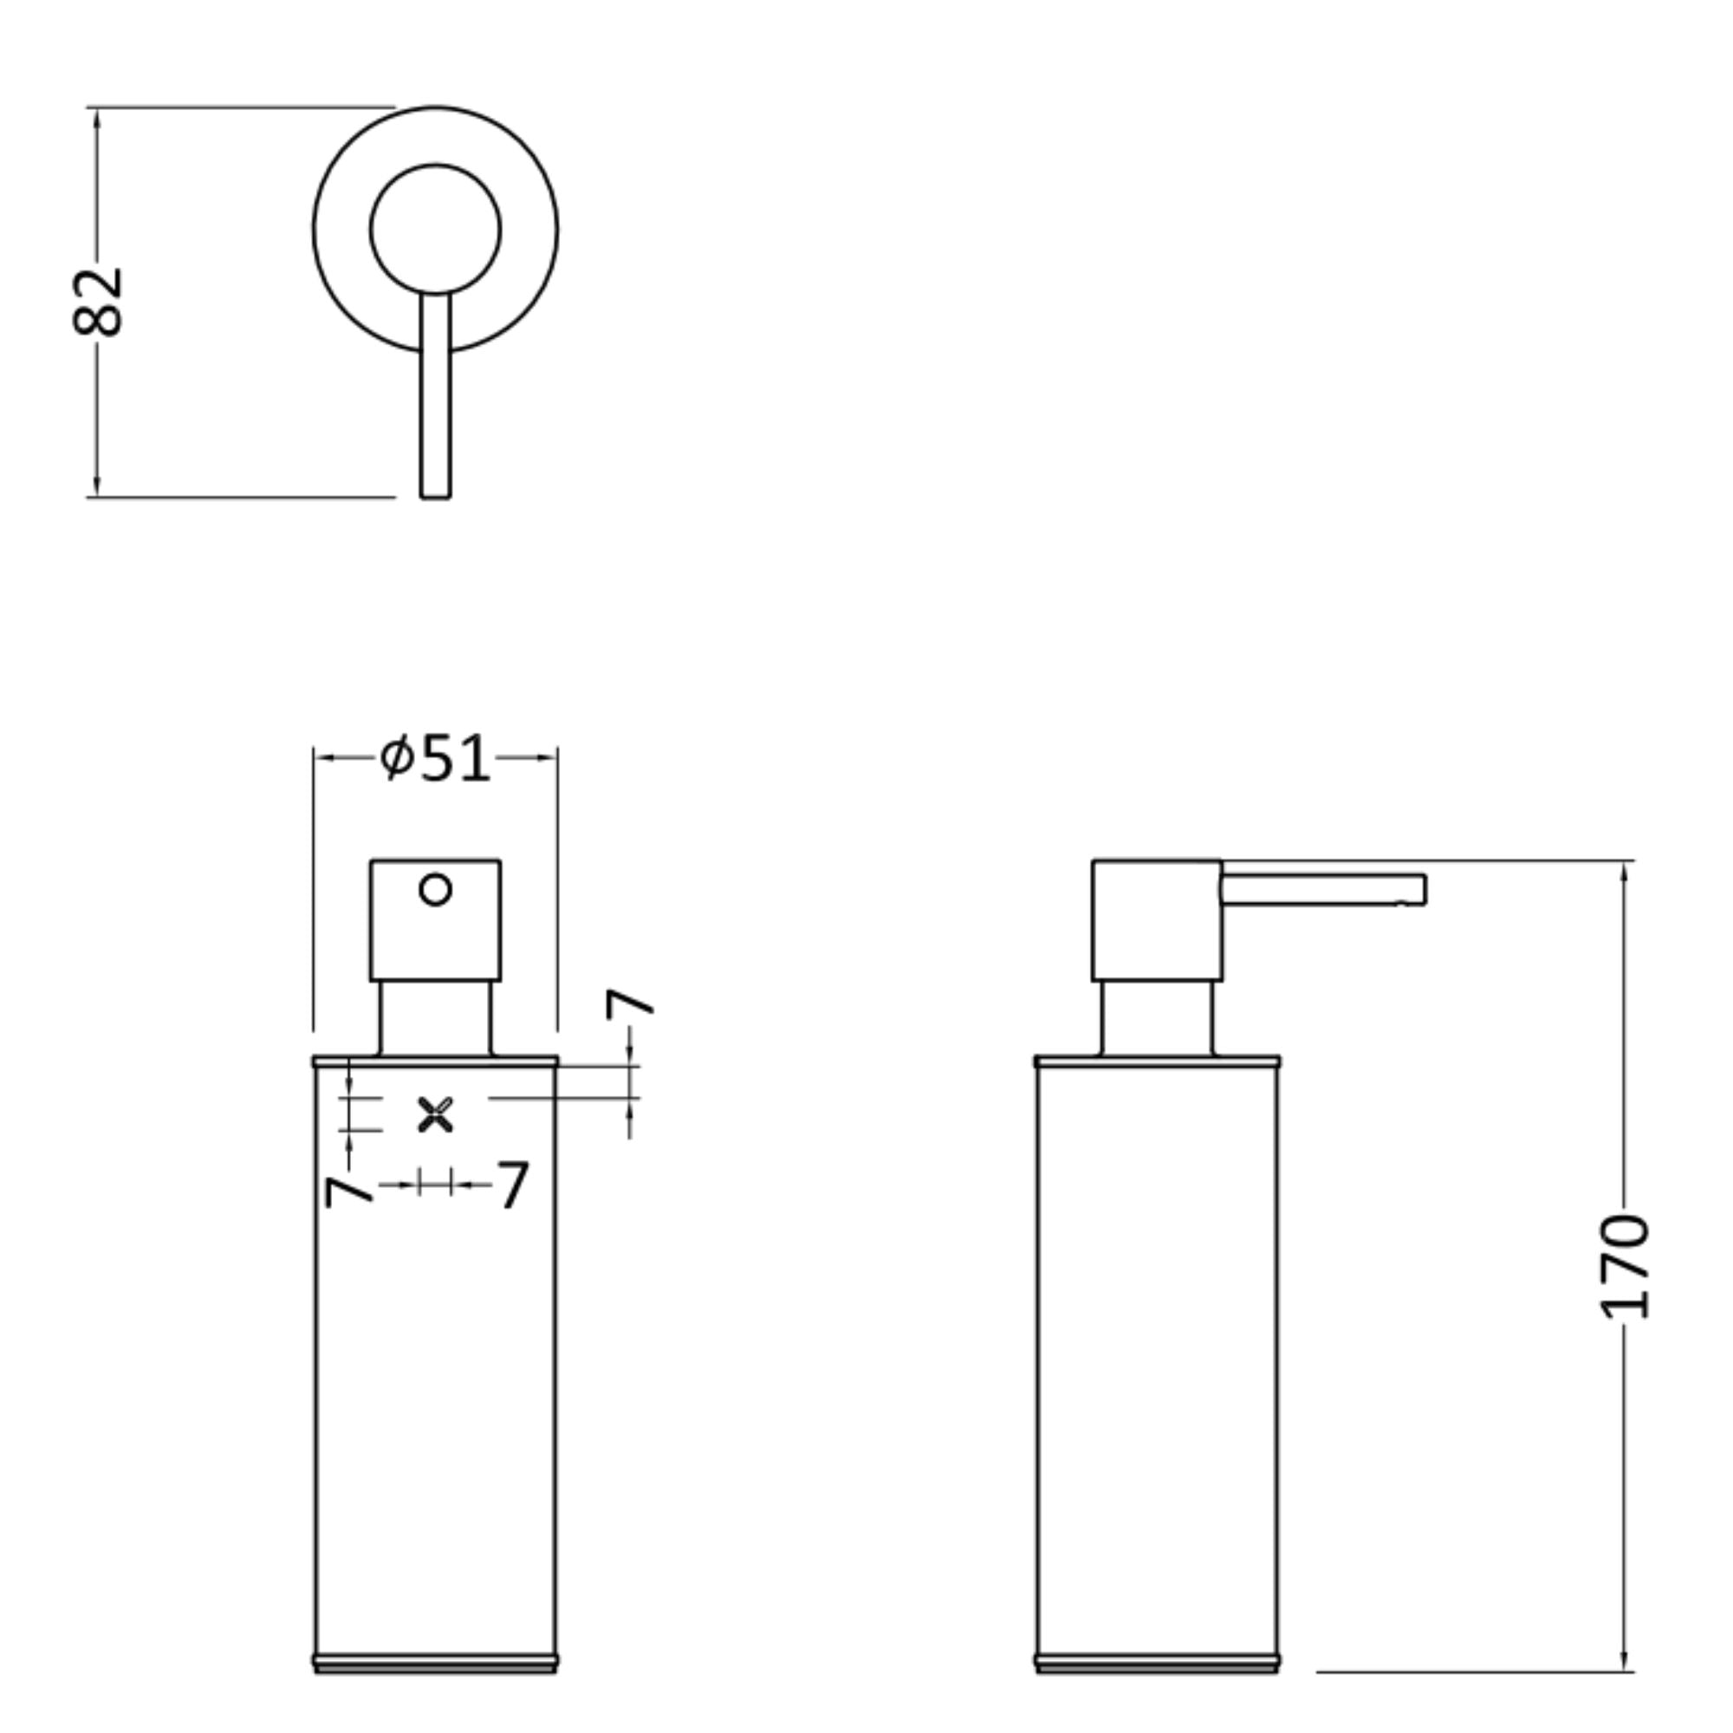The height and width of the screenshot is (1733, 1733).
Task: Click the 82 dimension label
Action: point(97,302)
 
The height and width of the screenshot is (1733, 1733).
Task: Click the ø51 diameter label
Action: point(435,759)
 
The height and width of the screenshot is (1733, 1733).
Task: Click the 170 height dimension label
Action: point(1625,1266)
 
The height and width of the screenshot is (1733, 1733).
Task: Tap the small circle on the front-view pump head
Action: point(435,890)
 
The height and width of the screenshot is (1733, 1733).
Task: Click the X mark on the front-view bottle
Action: point(436,1114)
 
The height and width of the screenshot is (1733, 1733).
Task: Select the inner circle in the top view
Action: point(435,229)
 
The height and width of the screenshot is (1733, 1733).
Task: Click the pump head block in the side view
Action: point(1156,920)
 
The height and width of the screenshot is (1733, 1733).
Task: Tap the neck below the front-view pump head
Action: point(435,1017)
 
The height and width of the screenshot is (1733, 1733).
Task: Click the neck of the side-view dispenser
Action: point(1156,1017)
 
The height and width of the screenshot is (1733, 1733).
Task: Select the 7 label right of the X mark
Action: point(513,1184)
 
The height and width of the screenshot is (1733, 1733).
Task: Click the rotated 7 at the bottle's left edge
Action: point(348,1191)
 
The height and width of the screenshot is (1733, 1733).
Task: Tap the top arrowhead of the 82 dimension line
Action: point(97,117)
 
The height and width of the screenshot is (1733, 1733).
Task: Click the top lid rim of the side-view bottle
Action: point(1156,1061)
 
